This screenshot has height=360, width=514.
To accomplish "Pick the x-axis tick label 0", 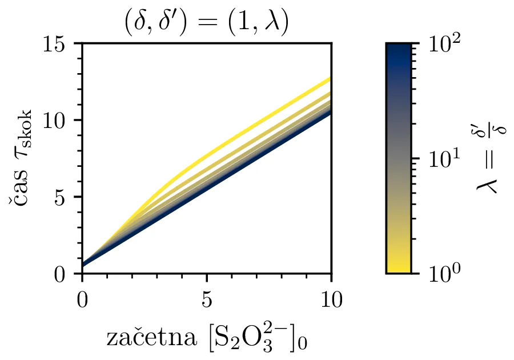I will tap(82, 298).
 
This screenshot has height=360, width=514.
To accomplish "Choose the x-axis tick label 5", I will tap(207, 298).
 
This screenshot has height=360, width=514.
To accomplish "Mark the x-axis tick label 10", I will tap(331, 298).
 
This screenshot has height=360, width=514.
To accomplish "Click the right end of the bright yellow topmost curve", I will tap(330, 78).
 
